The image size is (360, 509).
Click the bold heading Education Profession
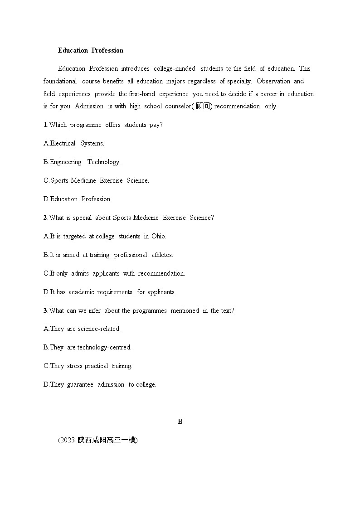point(91,50)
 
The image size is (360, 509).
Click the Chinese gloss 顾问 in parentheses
point(203,107)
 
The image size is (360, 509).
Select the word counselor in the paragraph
point(176,107)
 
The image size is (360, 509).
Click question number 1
point(45,125)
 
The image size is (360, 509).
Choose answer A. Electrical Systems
point(74,143)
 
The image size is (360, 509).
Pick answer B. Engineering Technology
point(82,162)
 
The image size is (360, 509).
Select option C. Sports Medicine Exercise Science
point(96,180)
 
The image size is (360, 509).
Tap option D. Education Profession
point(78,199)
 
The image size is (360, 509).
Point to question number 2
point(45,218)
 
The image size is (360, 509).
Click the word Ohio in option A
point(158,236)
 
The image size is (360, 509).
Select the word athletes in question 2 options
point(162,255)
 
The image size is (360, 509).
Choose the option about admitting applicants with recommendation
point(114,273)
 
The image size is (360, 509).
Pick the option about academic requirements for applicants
point(110,292)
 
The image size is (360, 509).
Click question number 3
point(45,310)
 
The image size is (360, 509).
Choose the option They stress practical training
point(88,366)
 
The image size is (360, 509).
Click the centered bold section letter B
point(180,422)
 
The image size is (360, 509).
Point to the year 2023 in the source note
point(67,440)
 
